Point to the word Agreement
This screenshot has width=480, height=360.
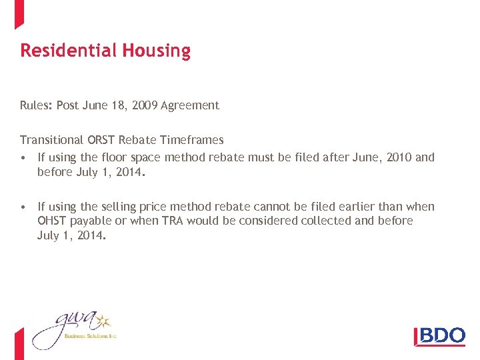tap(190, 105)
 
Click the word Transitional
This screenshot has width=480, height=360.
tap(52, 140)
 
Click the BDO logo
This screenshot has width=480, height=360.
tap(440, 335)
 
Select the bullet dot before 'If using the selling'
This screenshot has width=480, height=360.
tap(24, 207)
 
